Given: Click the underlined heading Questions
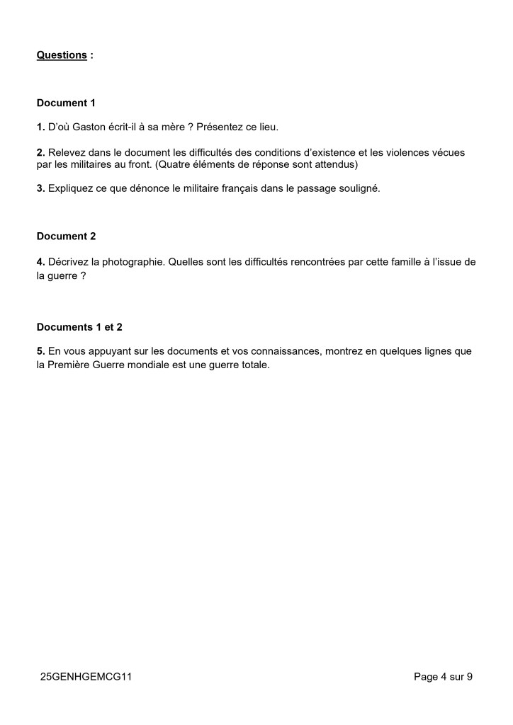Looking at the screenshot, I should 62,55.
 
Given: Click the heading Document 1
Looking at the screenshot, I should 66,103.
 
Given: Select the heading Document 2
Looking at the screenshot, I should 66,236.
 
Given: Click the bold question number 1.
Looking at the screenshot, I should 40,127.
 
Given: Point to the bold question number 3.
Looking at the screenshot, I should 40,189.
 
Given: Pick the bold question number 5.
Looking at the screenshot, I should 40,351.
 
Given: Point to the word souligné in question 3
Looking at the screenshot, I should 360,189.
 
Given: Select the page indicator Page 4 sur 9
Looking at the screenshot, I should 443,677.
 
